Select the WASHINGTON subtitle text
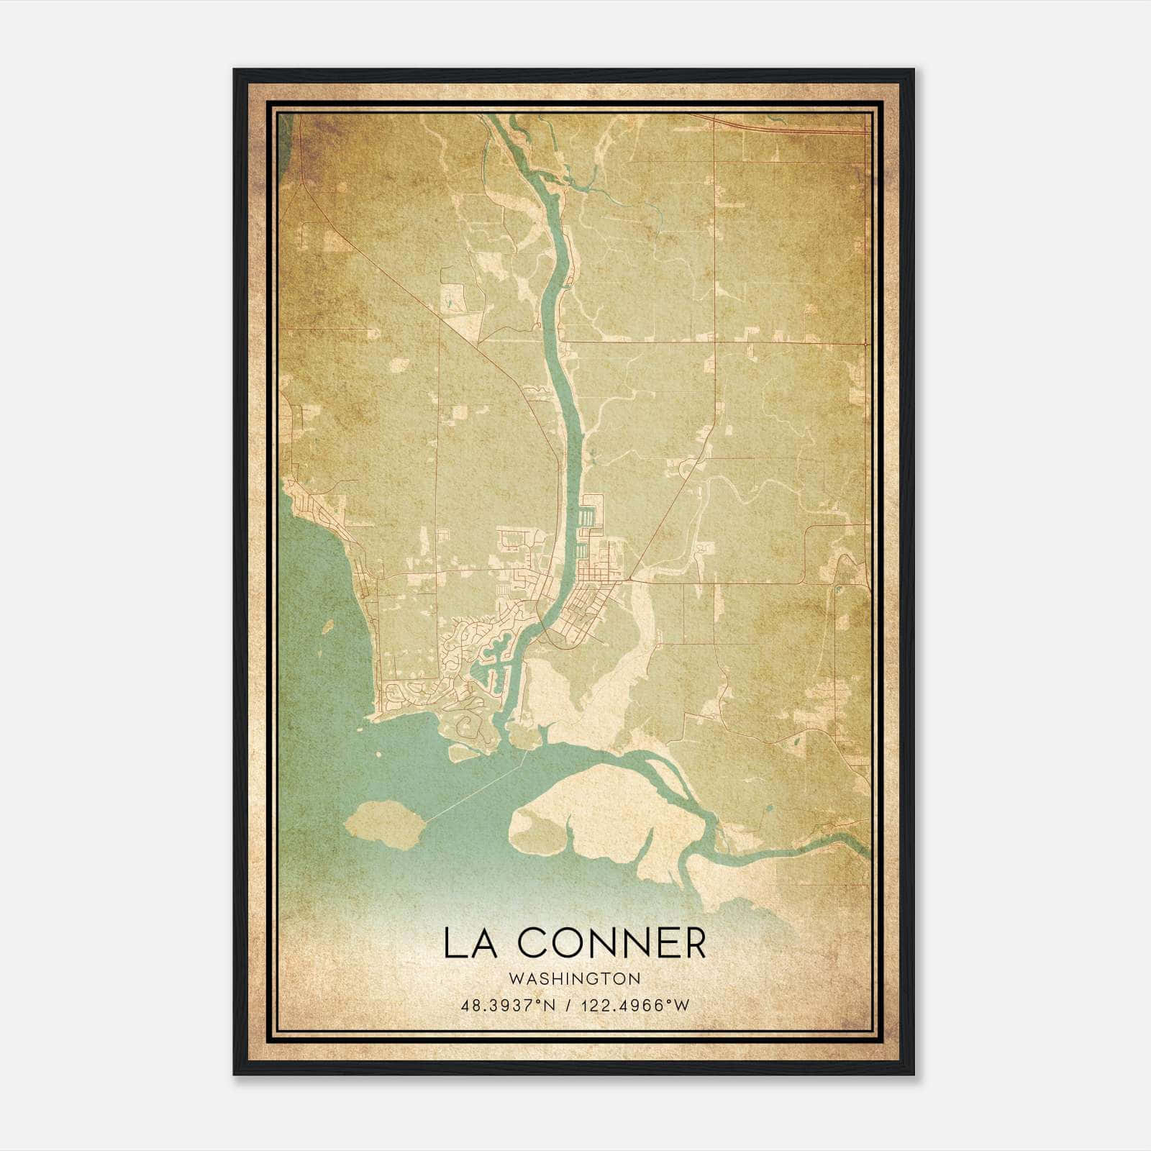(575, 978)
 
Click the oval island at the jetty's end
(383, 821)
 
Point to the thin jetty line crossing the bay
(475, 791)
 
